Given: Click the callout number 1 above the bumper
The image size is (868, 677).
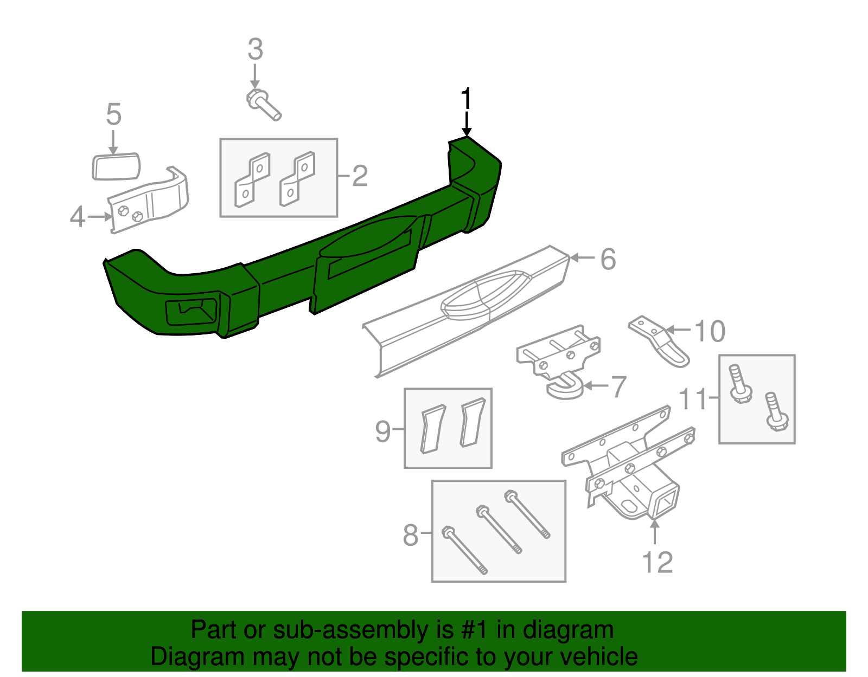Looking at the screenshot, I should [466, 100].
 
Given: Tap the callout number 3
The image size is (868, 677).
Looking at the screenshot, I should [255, 49].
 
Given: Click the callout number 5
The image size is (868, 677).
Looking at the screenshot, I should [113, 115].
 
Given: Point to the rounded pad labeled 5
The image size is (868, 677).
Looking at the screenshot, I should [116, 166].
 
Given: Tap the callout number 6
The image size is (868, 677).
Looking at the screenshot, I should [608, 259].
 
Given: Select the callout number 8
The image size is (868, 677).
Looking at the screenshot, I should [411, 536].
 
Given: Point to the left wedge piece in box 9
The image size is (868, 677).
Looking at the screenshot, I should [432, 428].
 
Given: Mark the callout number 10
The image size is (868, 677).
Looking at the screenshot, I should [710, 331].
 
